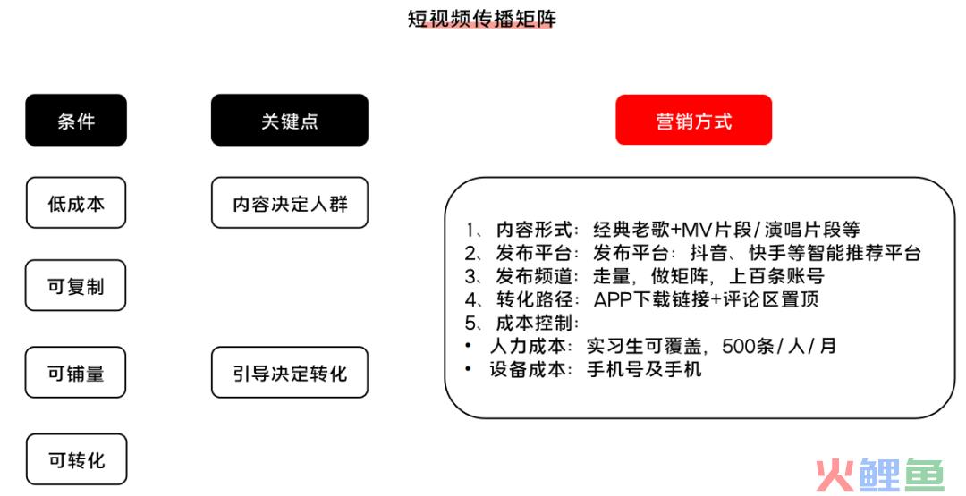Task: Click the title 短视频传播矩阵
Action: [482, 18]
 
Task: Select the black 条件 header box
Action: [76, 120]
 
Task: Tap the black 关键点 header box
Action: [290, 120]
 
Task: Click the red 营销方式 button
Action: [694, 120]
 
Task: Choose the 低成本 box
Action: [76, 203]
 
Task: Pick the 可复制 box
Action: [76, 286]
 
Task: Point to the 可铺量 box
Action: [76, 373]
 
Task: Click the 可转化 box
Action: [76, 459]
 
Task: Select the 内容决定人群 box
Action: [290, 203]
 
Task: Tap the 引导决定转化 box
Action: [290, 373]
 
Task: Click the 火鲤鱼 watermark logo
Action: [880, 475]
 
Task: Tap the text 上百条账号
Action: [776, 275]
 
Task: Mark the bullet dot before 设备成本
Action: [468, 368]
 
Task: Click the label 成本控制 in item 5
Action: [534, 323]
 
